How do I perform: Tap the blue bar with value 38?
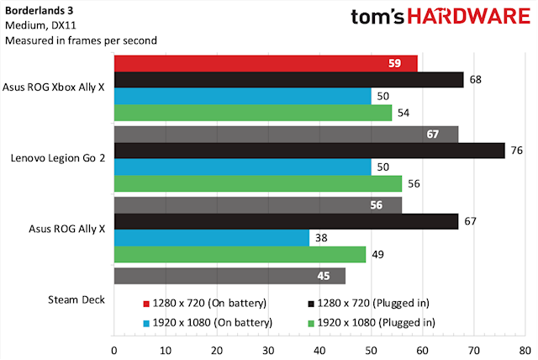click(x=211, y=237)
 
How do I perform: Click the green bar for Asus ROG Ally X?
click(x=240, y=254)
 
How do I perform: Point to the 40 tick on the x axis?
click(x=319, y=348)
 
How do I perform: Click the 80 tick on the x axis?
click(x=524, y=348)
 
